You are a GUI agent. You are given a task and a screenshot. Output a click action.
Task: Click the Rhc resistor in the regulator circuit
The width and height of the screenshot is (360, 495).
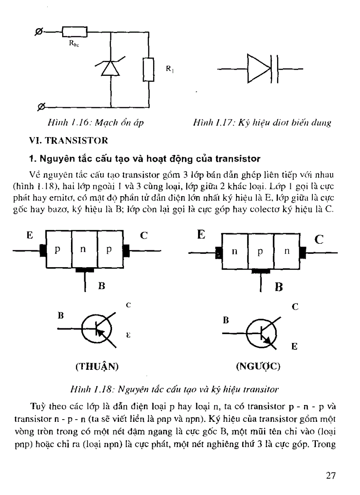coord(75,31)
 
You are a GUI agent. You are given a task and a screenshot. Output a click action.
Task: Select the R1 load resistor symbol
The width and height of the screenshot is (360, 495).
coord(148,70)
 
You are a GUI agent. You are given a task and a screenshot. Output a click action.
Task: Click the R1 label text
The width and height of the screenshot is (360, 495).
coord(169,69)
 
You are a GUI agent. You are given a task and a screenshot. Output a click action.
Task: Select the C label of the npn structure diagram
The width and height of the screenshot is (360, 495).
coord(319,240)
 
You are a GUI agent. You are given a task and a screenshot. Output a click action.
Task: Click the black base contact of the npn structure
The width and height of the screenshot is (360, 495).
coord(260,270)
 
